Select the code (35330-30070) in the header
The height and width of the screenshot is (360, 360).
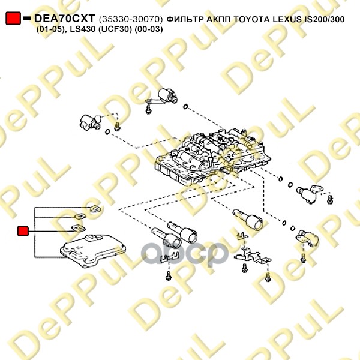coord(131,19)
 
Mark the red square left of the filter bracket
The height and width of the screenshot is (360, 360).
coord(23,230)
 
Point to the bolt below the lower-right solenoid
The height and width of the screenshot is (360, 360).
coord(302,259)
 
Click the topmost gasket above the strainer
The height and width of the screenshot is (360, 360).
coord(95,209)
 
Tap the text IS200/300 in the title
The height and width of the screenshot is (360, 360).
coord(332,19)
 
